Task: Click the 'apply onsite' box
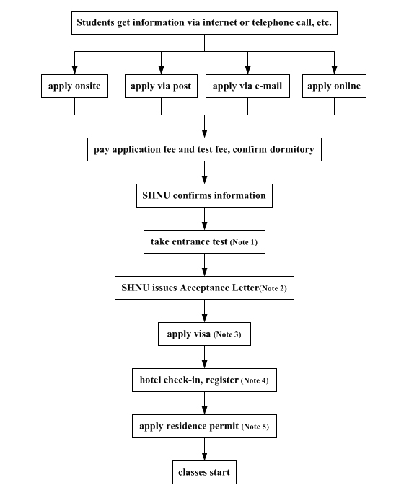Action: pos(74,86)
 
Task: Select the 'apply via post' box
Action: pos(161,86)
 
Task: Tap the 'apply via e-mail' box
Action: pos(247,86)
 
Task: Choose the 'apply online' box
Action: pos(334,86)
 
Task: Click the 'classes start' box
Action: pos(204,472)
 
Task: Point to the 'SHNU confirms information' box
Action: pos(204,195)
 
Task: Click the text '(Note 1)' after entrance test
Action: pos(244,242)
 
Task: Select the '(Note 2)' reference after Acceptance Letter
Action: pos(273,288)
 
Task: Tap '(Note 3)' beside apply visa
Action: pos(227,334)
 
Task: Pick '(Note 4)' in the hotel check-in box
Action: pos(255,380)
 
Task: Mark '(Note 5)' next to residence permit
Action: pos(255,427)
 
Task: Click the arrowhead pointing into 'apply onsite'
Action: pos(74,71)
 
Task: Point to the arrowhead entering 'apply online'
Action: pos(334,71)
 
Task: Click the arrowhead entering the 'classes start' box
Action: pos(204,457)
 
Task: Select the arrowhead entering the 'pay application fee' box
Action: pos(204,134)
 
